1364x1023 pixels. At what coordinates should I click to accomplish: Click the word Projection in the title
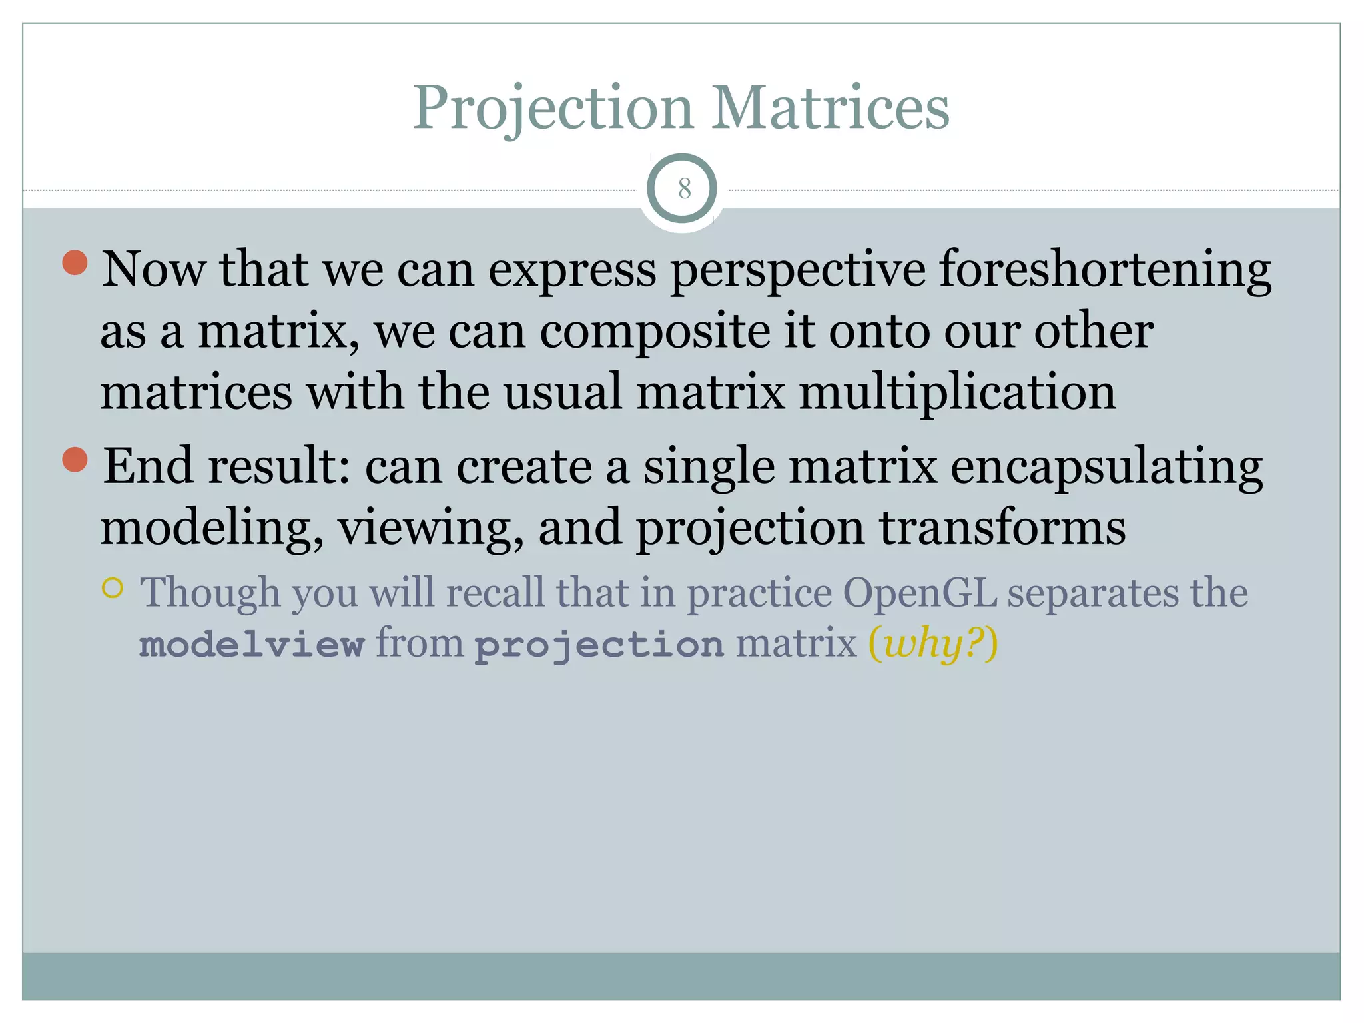(x=553, y=109)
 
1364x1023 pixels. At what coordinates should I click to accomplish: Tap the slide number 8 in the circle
(x=684, y=190)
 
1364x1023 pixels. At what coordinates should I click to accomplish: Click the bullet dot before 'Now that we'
(x=75, y=262)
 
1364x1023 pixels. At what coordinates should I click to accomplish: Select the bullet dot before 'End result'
(x=75, y=460)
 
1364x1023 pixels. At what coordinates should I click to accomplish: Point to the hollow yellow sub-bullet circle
(x=113, y=588)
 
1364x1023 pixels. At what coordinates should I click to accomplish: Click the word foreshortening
(x=1105, y=270)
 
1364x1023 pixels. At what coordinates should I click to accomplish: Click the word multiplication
(x=957, y=392)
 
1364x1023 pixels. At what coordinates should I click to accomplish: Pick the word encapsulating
(x=1106, y=467)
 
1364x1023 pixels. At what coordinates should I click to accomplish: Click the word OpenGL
(x=920, y=592)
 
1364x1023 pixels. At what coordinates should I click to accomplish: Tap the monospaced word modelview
(x=252, y=645)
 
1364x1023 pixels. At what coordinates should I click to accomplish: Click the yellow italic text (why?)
(x=933, y=645)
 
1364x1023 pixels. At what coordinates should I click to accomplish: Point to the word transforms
(x=1002, y=527)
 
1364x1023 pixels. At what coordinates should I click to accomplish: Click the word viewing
(x=430, y=528)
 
